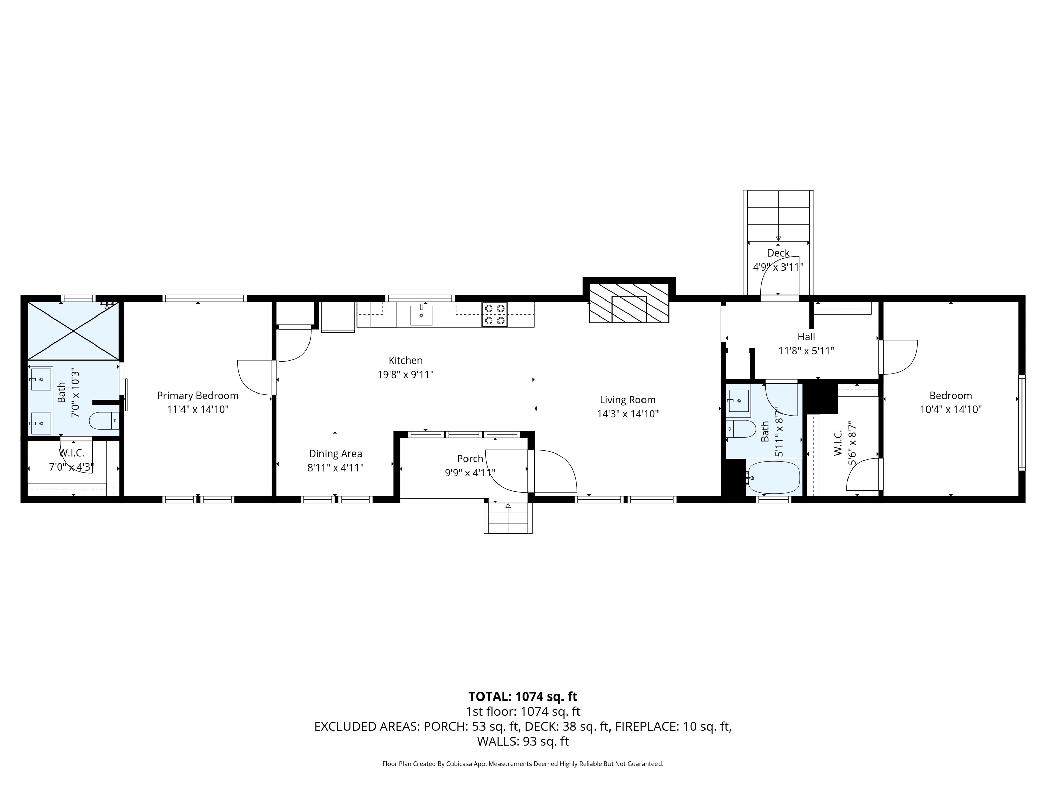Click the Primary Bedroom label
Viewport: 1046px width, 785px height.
tap(198, 396)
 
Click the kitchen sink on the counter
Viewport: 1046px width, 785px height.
tap(421, 315)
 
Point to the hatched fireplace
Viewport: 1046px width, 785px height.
tap(629, 303)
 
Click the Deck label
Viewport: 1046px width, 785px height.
tap(778, 253)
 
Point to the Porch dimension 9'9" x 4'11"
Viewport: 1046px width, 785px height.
tap(470, 473)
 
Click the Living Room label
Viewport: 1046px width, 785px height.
tap(628, 400)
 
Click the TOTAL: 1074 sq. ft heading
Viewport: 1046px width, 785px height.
tap(523, 696)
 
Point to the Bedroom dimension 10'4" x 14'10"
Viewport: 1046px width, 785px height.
tap(950, 409)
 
